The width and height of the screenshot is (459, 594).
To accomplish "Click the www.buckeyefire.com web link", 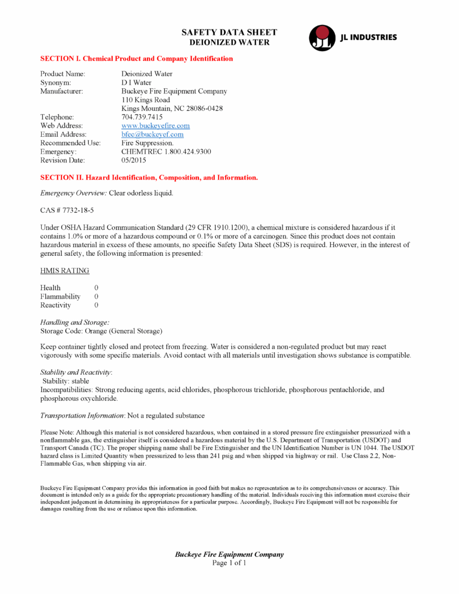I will (156, 126).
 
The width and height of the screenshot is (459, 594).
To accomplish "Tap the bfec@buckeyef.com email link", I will (152, 135).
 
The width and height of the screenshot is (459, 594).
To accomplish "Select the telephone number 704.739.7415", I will (138, 117).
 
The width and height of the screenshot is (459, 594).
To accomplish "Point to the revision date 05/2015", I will (133, 160).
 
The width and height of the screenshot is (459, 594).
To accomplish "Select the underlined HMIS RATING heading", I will (64, 271).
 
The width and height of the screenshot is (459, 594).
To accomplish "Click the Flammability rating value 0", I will (96, 296).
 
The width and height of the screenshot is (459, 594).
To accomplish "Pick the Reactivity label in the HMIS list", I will (55, 305).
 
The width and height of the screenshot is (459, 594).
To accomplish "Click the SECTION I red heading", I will (136, 59).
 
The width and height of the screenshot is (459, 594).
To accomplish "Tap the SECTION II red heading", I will (149, 178).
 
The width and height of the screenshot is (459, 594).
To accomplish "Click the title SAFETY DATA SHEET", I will (229, 32).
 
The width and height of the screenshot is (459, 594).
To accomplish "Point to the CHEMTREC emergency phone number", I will (166, 151).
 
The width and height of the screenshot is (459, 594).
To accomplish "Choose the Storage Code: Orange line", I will (101, 331).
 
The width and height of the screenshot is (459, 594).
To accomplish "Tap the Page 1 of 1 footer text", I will (229, 563).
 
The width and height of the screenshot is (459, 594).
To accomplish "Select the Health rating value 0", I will (96, 288).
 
